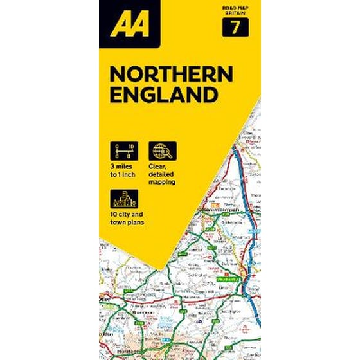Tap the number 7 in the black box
[235, 28]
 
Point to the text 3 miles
[120, 167]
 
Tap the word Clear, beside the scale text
[157, 167]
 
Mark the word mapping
[163, 183]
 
